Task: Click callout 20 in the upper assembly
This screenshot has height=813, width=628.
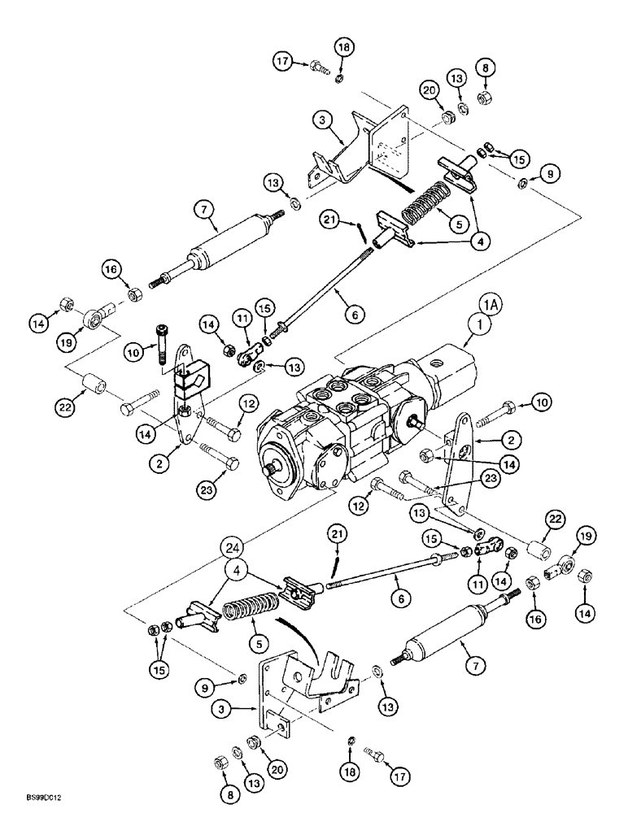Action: click(x=430, y=92)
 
